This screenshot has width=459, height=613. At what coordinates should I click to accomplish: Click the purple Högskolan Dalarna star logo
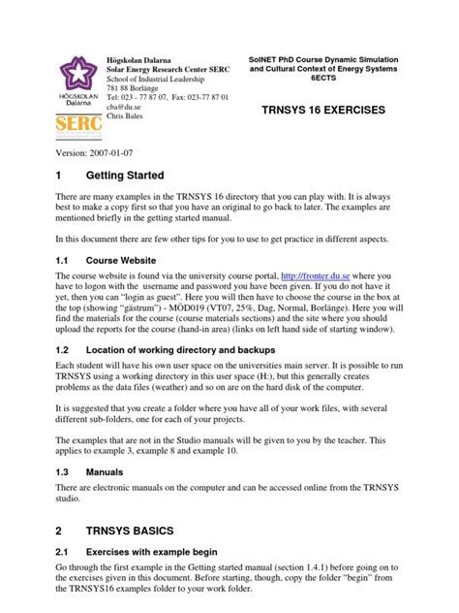pyautogui.click(x=69, y=72)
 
